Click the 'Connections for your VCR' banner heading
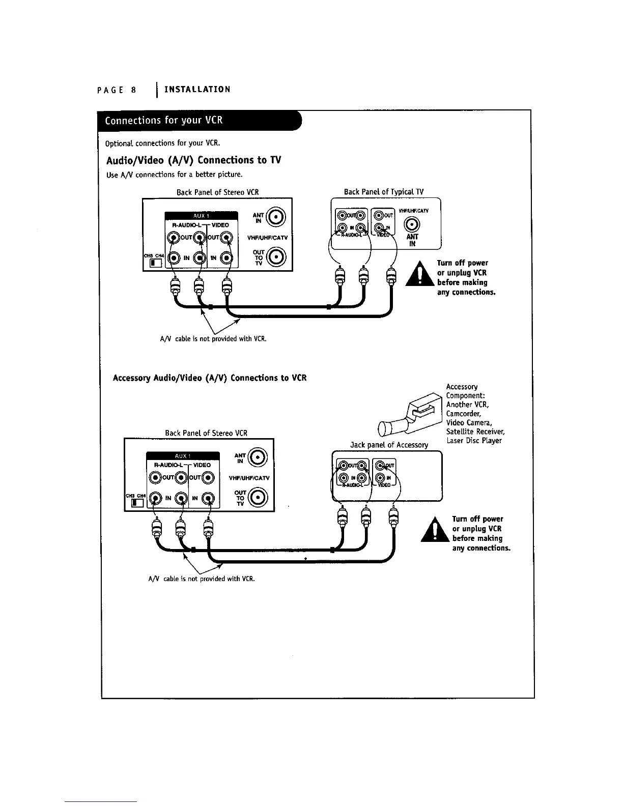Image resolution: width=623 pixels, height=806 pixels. click(x=164, y=121)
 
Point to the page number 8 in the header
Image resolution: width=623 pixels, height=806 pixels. click(x=133, y=90)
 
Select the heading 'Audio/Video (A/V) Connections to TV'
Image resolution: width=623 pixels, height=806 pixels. click(x=193, y=160)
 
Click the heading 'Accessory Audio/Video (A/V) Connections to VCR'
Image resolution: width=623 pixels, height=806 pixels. click(x=209, y=378)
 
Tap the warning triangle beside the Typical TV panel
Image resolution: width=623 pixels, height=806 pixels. click(x=420, y=275)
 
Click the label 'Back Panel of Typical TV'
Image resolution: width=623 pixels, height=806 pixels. click(x=384, y=192)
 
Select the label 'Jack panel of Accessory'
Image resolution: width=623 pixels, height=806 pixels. click(x=389, y=445)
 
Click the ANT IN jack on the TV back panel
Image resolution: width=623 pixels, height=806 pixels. click(x=412, y=224)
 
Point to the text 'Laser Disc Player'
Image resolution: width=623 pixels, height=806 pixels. click(x=474, y=441)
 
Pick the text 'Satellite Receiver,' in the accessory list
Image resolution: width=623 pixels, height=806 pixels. click(x=475, y=432)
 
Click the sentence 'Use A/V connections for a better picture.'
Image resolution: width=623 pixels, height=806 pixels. click(x=174, y=175)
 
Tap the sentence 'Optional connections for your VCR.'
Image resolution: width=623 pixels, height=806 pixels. click(x=162, y=142)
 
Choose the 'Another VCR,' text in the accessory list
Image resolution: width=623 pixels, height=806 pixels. click(x=467, y=405)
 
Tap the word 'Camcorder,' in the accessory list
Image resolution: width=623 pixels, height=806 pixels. click(x=463, y=414)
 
